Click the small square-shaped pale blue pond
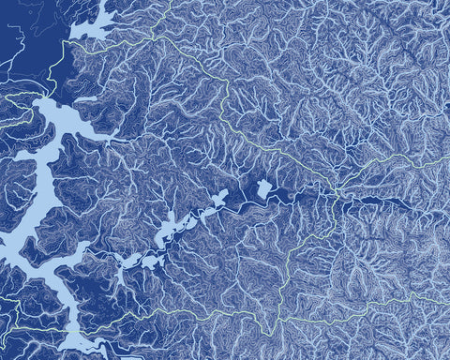pos(264,188)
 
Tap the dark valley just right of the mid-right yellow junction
pos(375,202)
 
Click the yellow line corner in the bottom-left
pos(13,328)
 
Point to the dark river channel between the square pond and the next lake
pos(242,198)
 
